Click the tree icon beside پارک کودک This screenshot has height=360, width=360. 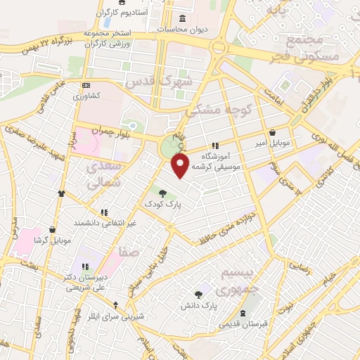162,193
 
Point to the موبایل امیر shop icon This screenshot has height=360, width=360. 272,133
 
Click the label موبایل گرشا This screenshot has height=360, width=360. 53,240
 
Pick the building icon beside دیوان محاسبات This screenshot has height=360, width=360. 183,18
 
